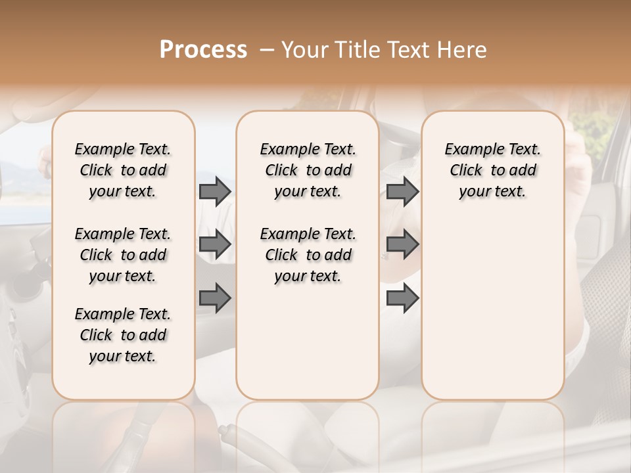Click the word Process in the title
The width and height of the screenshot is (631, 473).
pyautogui.click(x=203, y=49)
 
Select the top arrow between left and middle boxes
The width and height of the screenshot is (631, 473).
pyautogui.click(x=215, y=191)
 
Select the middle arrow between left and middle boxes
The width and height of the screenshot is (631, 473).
pyautogui.click(x=215, y=244)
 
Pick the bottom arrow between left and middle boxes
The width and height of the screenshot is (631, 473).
pyautogui.click(x=215, y=298)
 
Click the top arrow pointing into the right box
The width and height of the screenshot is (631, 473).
pyautogui.click(x=402, y=191)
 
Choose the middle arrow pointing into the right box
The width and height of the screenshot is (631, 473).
pyautogui.click(x=402, y=244)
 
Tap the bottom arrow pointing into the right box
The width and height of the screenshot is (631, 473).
pyautogui.click(x=402, y=298)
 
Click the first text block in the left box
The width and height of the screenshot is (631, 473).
pyautogui.click(x=123, y=170)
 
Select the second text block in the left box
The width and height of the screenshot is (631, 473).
pyautogui.click(x=123, y=255)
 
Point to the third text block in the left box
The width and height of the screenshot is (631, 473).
pyautogui.click(x=123, y=335)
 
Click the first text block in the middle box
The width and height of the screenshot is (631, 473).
pyautogui.click(x=308, y=170)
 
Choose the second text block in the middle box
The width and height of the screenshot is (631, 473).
pyautogui.click(x=308, y=255)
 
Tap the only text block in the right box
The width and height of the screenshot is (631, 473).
pyautogui.click(x=492, y=170)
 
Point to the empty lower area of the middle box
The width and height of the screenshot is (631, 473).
pyautogui.click(x=308, y=342)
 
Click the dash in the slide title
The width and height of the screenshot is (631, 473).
pyautogui.click(x=267, y=49)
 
